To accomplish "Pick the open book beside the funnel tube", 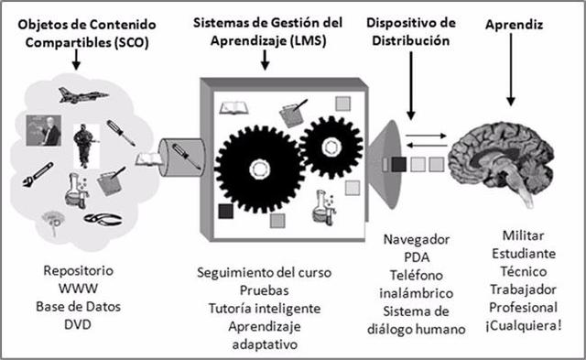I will pyautogui.click(x=146, y=160).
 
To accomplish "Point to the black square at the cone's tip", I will pyautogui.click(x=398, y=165).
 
